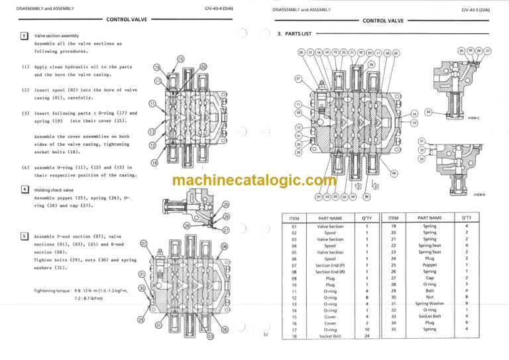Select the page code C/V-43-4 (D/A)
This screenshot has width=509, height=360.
[x=219, y=8]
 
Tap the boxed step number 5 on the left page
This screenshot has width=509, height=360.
[x=24, y=236]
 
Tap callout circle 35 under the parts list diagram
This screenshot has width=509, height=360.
[x=367, y=196]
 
